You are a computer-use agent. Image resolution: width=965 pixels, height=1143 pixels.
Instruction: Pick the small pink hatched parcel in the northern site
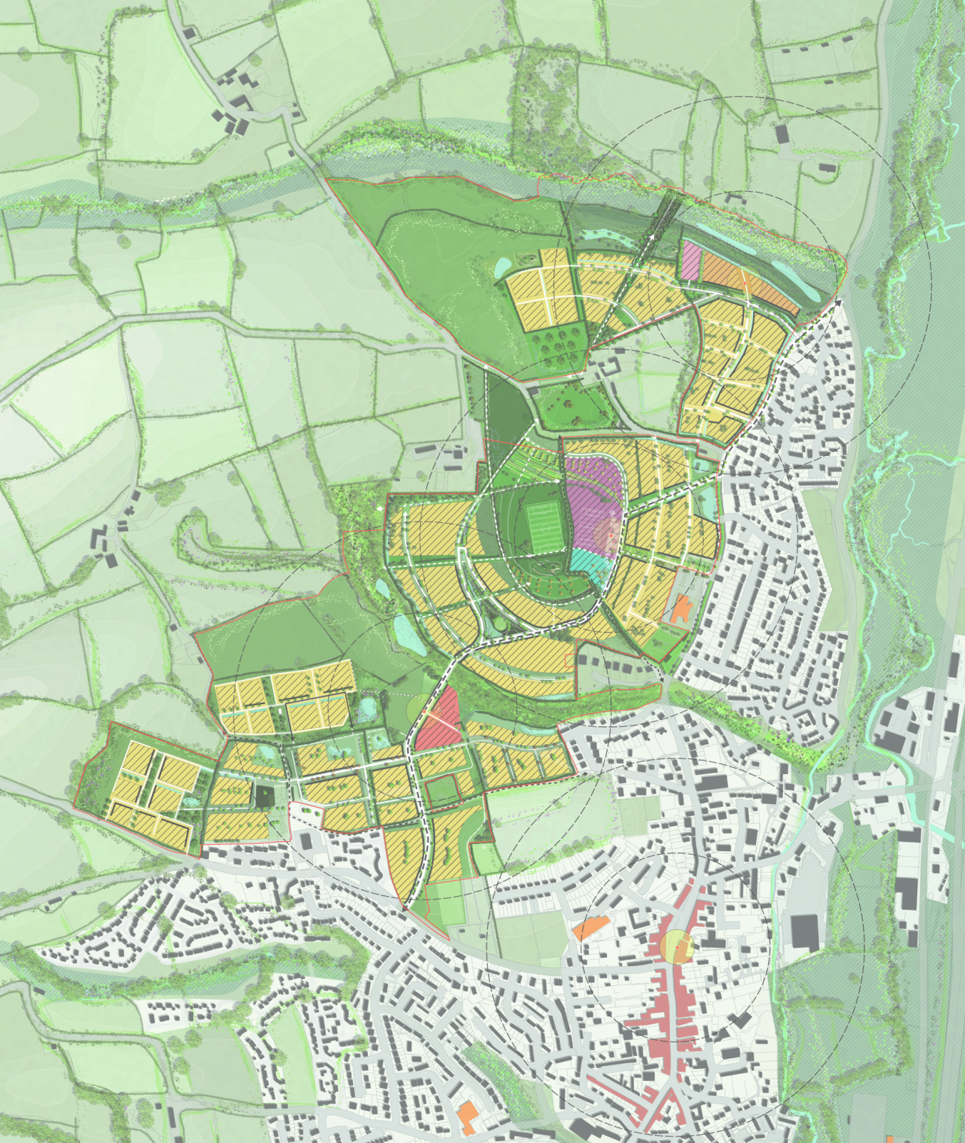click(690, 260)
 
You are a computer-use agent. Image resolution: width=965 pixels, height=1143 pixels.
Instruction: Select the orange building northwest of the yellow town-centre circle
click(589, 928)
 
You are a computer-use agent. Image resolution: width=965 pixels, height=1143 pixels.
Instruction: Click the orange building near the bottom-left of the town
click(468, 1117)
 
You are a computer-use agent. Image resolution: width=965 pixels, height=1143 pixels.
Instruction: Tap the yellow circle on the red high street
click(676, 947)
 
